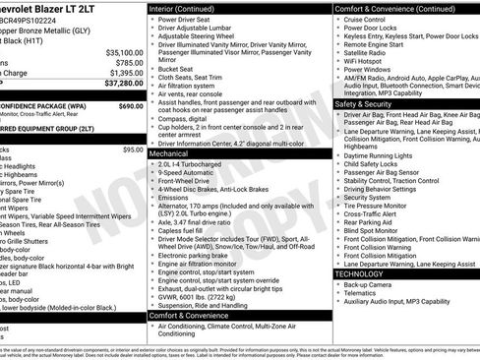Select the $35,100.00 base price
pyautogui.click(x=124, y=52)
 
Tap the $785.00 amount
pyautogui.click(x=129, y=63)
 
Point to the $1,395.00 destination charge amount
pyautogui.click(x=125, y=74)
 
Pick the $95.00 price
pyautogui.click(x=133, y=150)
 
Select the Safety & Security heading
pyautogui.click(x=363, y=103)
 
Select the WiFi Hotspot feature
pyautogui.click(x=365, y=62)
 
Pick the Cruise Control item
pyautogui.click(x=366, y=19)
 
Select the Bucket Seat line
pyautogui.click(x=175, y=70)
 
